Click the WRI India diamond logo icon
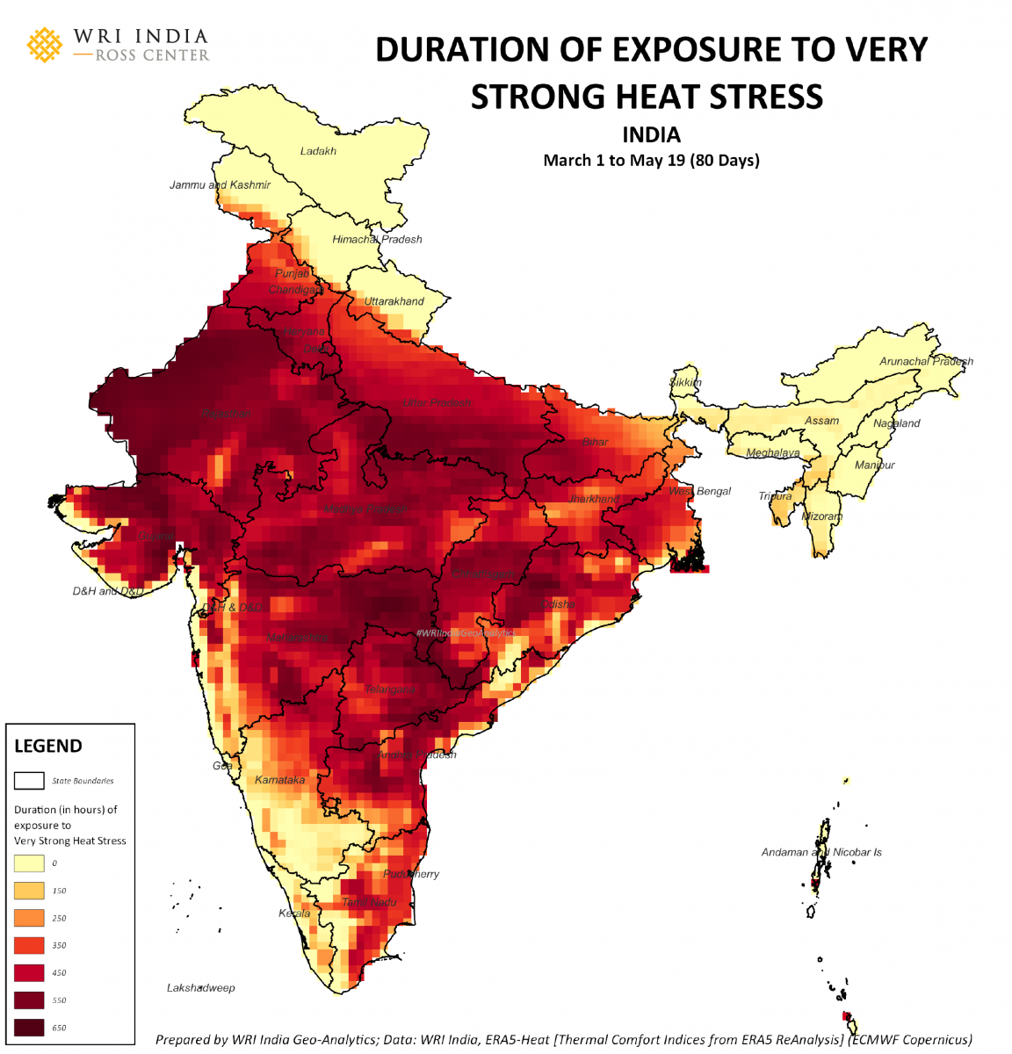click(45, 45)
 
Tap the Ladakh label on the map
click(318, 151)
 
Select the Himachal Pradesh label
click(377, 239)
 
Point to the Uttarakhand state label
click(394, 301)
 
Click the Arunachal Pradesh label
click(926, 361)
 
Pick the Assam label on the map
click(821, 421)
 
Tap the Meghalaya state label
click(773, 453)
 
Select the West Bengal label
click(700, 491)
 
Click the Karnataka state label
click(280, 780)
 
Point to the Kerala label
click(294, 913)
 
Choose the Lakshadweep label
click(201, 988)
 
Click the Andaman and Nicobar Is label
click(821, 852)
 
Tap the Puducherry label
click(411, 874)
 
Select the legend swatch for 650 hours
click(29, 1027)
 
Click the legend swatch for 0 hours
click(29, 863)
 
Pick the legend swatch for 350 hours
click(29, 945)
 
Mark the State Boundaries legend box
click(29, 780)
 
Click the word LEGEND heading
click(48, 746)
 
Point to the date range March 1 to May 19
click(651, 160)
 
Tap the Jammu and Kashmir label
click(220, 185)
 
